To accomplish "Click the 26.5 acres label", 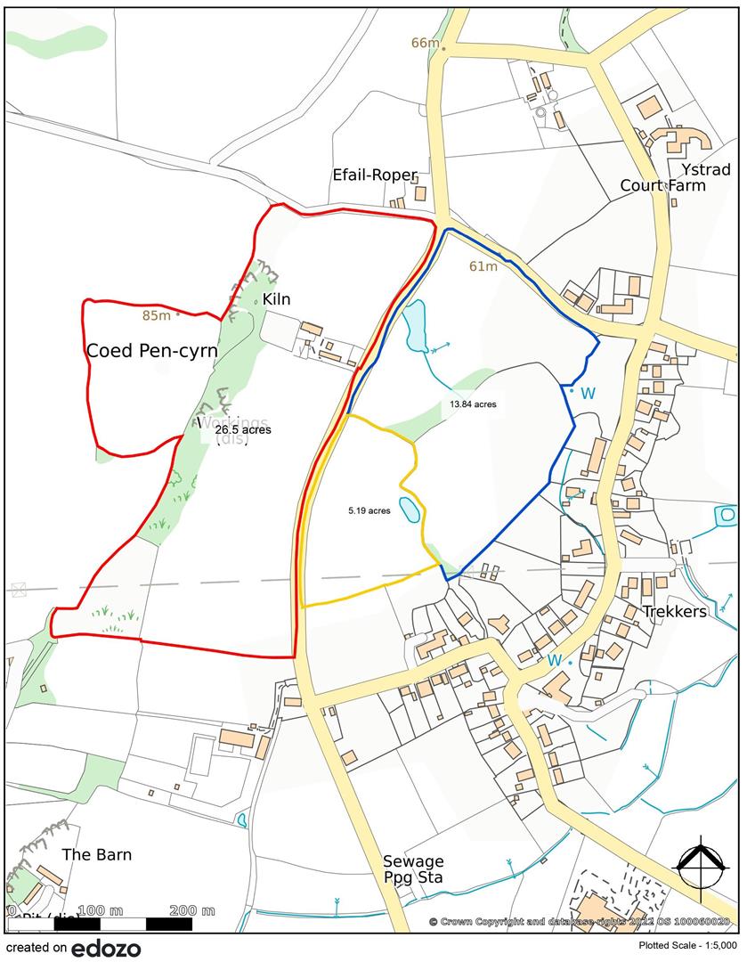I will point(243,429).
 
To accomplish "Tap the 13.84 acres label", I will point(473,404).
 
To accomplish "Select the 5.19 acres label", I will point(369,511).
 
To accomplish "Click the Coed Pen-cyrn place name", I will point(151,351).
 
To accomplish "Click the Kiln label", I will point(276,299).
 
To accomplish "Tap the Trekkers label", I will point(678,611).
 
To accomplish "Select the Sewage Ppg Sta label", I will point(413,869).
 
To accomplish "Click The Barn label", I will point(96,854).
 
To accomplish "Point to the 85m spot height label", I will point(155,314).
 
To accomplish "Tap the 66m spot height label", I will point(426,44).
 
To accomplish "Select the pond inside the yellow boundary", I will point(409,510).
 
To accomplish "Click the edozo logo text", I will point(106,948).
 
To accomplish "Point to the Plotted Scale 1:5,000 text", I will point(687,946).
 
